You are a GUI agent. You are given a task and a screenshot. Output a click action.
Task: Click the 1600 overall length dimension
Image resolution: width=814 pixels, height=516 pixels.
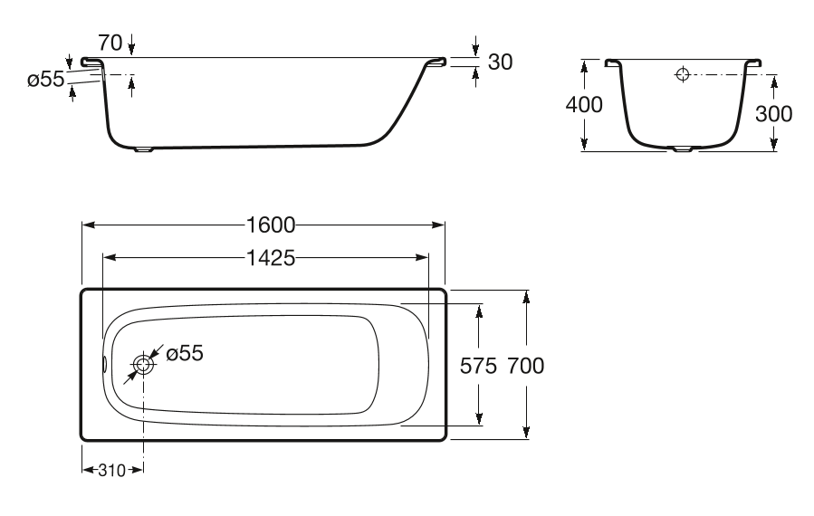(271, 225)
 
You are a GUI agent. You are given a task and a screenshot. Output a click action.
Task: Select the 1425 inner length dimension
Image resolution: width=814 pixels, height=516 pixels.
(271, 257)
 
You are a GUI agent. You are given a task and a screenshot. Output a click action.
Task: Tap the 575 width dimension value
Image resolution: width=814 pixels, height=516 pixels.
(478, 366)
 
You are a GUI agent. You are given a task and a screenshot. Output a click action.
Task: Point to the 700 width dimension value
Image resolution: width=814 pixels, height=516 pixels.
(526, 366)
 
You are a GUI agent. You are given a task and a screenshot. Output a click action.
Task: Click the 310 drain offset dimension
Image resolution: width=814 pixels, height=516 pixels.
(112, 471)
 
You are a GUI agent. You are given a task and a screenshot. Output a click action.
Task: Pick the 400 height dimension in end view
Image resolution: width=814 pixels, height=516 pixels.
(584, 105)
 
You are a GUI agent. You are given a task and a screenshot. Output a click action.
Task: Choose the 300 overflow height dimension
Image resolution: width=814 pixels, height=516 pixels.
(773, 114)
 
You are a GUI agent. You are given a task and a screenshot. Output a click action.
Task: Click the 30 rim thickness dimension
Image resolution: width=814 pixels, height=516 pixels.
(501, 62)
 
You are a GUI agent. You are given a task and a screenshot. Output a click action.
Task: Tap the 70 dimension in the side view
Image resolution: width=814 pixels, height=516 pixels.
(110, 43)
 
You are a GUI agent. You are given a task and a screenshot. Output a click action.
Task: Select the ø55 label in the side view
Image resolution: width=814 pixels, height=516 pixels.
(45, 80)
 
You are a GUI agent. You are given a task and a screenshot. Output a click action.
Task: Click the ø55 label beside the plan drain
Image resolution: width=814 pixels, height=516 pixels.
(185, 353)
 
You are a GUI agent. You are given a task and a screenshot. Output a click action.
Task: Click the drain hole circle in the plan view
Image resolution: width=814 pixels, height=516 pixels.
(144, 365)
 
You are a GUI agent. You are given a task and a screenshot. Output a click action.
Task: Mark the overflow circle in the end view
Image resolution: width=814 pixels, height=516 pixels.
(683, 75)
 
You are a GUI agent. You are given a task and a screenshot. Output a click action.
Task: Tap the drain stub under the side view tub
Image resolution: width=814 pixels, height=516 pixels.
(144, 150)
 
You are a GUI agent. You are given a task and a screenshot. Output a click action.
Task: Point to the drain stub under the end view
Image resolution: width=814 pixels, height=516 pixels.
(683, 150)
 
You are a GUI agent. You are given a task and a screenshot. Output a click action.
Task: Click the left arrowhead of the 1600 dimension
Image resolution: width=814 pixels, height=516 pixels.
(88, 225)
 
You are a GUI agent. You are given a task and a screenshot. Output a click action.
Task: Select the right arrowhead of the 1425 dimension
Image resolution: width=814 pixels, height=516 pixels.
(423, 257)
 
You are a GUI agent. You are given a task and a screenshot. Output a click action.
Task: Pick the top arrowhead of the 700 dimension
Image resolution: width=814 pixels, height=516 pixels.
(526, 296)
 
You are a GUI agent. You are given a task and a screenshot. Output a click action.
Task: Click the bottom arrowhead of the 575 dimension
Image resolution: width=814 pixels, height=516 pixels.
(479, 419)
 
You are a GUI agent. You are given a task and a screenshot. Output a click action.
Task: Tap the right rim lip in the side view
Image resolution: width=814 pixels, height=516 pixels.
(436, 62)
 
